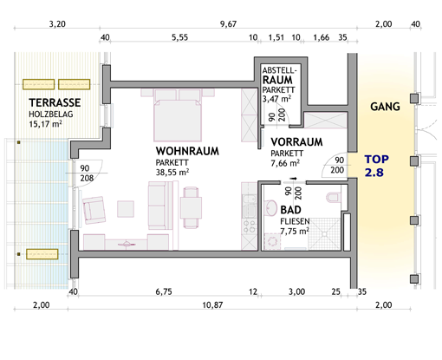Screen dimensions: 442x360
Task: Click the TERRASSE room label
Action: point(55,102)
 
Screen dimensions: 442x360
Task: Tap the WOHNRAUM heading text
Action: point(187,151)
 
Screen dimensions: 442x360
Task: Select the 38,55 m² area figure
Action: point(172,172)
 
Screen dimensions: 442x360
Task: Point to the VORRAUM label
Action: point(296,142)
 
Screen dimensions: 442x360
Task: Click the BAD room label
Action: point(290,210)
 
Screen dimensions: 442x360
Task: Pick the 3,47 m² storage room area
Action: point(276,99)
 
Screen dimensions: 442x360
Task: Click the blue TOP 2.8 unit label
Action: point(376,166)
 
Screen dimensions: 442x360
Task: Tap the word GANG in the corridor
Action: point(385,107)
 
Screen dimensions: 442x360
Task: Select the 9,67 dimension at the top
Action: point(228,24)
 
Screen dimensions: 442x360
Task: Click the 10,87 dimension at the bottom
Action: point(212,305)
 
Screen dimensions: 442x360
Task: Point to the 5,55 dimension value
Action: point(179,37)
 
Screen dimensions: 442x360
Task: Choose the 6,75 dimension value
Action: point(164,291)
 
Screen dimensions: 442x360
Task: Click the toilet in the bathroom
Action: point(335,198)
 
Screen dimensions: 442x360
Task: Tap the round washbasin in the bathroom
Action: point(270,207)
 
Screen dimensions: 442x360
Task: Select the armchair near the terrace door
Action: point(94,210)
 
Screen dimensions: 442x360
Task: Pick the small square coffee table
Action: point(126,209)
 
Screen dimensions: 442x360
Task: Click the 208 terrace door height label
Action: point(87,178)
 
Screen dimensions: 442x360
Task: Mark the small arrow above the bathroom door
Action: point(294,179)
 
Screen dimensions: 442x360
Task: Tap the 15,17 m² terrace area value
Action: point(45,124)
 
